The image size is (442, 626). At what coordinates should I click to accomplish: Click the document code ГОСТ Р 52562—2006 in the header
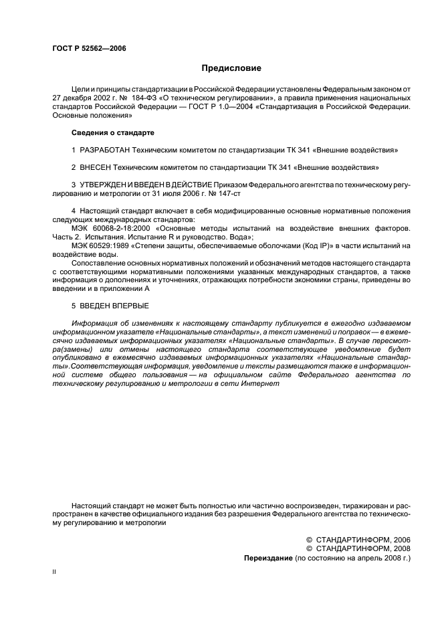[88, 48]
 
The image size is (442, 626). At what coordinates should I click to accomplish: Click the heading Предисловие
[231, 68]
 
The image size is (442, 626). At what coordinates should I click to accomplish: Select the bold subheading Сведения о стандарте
[112, 132]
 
